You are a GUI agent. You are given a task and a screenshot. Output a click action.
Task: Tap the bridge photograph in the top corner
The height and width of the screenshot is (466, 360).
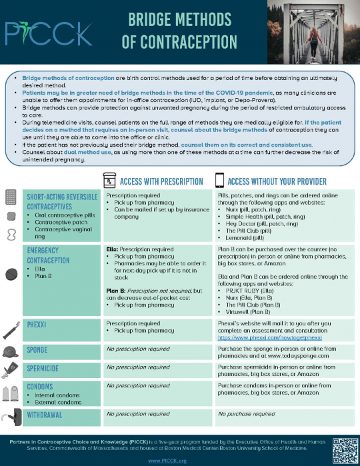(x=313, y=31)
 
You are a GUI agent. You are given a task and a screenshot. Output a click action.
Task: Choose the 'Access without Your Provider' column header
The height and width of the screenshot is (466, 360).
(x=277, y=181)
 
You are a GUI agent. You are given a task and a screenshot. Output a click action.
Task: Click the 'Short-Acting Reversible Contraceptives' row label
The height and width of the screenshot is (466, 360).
(x=61, y=202)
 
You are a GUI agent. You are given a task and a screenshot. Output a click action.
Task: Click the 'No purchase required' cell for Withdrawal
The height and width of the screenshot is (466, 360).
(x=247, y=413)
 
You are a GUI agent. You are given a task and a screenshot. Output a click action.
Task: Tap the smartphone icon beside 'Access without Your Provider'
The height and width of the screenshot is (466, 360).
(x=219, y=180)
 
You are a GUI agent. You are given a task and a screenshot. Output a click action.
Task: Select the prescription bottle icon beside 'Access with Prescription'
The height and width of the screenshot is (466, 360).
(x=109, y=180)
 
